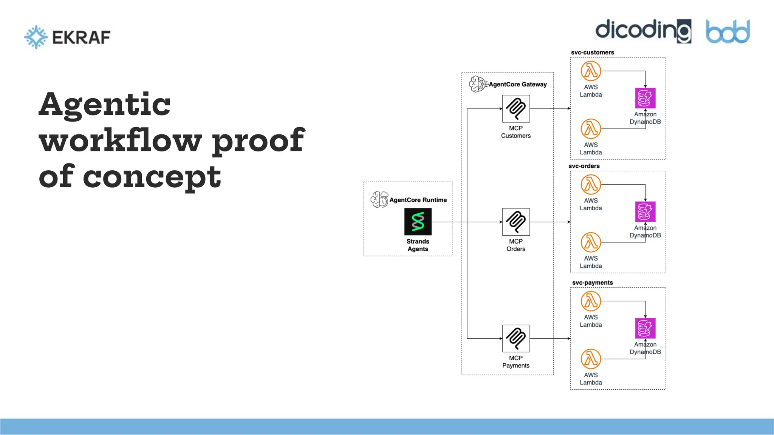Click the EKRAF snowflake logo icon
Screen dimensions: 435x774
point(36,37)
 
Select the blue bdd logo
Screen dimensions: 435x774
point(728,31)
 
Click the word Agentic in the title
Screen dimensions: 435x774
point(105,105)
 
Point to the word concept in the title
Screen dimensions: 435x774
point(152,177)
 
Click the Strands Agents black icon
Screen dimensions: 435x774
point(418,222)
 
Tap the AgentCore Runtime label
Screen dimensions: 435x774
point(418,200)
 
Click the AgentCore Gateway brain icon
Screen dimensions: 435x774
point(477,84)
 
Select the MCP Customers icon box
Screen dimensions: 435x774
point(516,109)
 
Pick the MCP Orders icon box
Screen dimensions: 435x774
point(516,222)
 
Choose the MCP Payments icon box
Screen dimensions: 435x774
point(516,338)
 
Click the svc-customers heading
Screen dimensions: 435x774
point(592,52)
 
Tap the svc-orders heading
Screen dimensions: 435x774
point(584,166)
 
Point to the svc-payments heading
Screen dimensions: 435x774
point(592,282)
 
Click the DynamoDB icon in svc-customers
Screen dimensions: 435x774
point(645,98)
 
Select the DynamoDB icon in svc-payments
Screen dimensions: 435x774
point(645,328)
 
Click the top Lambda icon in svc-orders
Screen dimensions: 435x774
point(591,185)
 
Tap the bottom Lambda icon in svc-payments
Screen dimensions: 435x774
point(591,359)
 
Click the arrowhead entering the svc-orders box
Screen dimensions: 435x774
point(569,222)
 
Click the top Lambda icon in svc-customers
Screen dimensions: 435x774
point(591,71)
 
